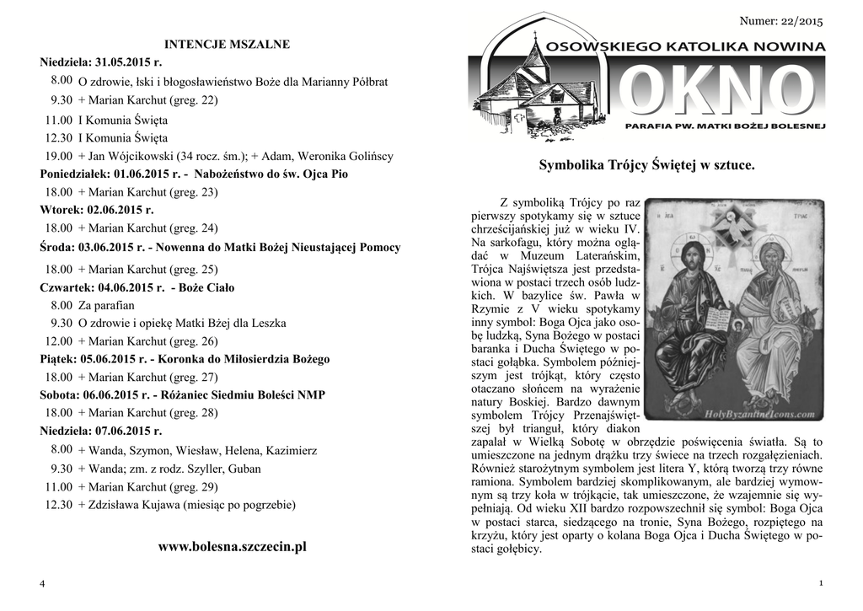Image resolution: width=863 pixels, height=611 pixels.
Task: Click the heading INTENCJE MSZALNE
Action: click(x=227, y=44)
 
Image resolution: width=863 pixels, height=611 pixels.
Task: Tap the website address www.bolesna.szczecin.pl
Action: click(x=233, y=547)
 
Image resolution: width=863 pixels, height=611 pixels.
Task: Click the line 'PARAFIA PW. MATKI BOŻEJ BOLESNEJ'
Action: click(x=724, y=125)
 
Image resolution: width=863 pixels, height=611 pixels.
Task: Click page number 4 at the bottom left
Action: click(x=41, y=584)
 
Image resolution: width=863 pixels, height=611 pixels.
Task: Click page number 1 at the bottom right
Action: click(x=820, y=584)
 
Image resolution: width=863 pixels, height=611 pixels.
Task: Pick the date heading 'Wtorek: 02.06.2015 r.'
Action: click(x=96, y=210)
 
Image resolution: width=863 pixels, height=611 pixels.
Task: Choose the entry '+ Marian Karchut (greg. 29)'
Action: click(x=148, y=487)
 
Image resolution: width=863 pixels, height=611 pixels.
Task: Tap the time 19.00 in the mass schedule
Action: click(x=59, y=156)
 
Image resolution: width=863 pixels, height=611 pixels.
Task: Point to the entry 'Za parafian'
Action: click(x=106, y=305)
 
